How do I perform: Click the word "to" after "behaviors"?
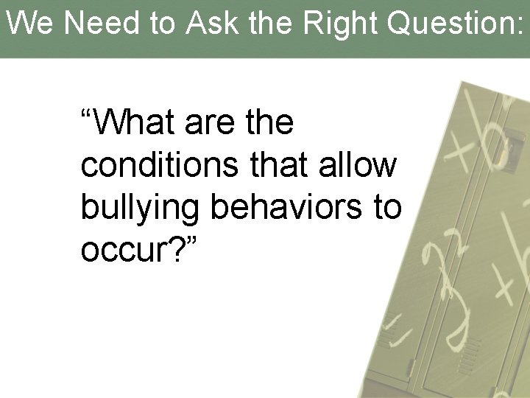(388, 209)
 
